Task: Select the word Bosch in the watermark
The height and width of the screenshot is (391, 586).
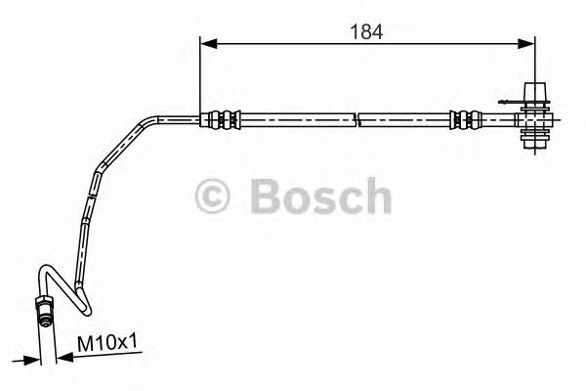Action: [x=321, y=196]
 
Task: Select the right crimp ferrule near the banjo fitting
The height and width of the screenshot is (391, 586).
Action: [x=464, y=120]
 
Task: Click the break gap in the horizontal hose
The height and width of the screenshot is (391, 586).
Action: [x=357, y=120]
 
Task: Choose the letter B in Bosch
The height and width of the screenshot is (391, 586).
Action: [x=267, y=196]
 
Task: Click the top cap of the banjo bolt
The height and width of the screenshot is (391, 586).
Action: [x=535, y=89]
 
